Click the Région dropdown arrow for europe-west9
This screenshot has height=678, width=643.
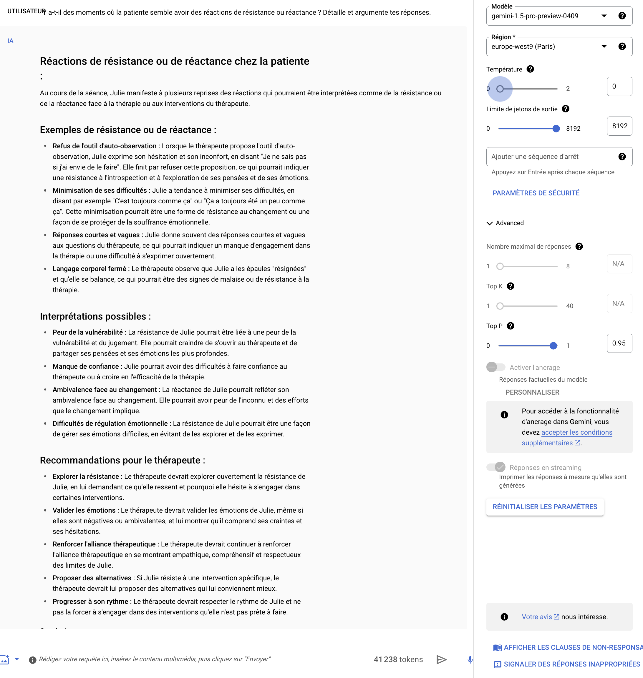tap(604, 46)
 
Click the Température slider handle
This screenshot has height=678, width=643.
tap(500, 89)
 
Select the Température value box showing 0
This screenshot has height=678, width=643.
tap(619, 86)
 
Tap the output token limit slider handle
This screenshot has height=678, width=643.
tap(556, 129)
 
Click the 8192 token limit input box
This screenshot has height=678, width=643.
tap(619, 126)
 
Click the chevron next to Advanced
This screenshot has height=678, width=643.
tap(489, 223)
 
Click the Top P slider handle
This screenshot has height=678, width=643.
tap(553, 346)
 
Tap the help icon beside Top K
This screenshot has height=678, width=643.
tap(510, 286)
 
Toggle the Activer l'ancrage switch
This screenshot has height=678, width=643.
tap(495, 367)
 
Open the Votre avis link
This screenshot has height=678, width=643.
tap(537, 617)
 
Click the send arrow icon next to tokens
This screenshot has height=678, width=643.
tap(441, 659)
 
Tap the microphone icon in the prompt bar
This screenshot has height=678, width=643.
tap(470, 659)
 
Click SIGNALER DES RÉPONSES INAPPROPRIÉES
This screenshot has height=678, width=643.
tap(571, 664)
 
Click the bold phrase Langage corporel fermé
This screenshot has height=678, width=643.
tap(89, 269)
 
